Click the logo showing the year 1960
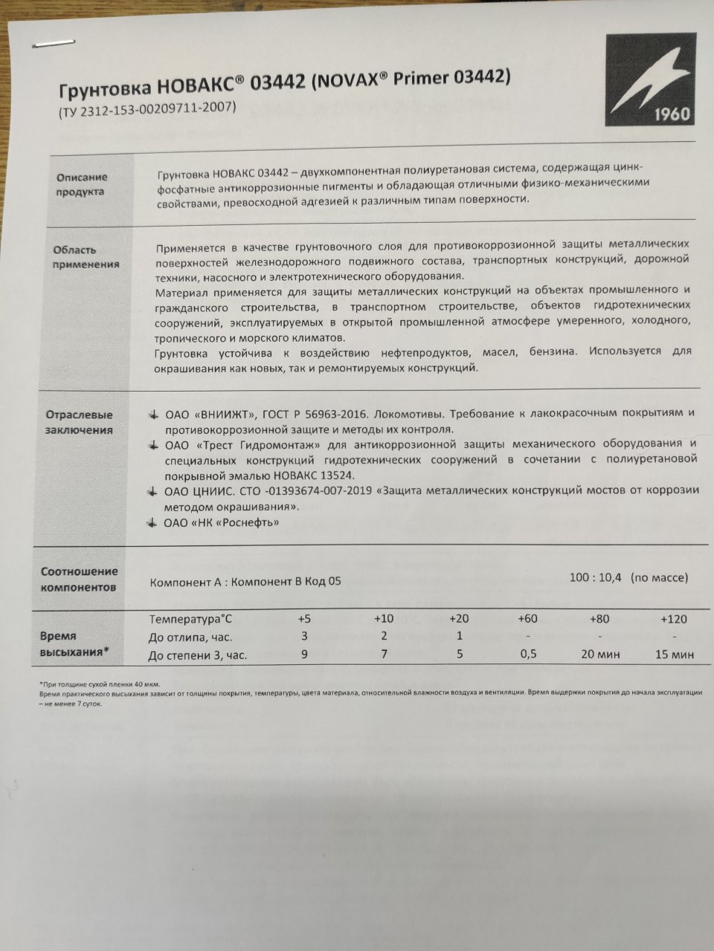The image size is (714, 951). [x=650, y=79]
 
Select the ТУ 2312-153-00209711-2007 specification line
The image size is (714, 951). [x=147, y=107]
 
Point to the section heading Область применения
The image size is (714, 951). [x=86, y=256]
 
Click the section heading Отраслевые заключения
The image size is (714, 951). [x=80, y=422]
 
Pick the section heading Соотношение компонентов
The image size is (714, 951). [x=79, y=579]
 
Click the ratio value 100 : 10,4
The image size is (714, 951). [x=594, y=577]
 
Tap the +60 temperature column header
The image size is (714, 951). [x=529, y=619]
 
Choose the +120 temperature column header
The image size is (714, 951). [x=673, y=619]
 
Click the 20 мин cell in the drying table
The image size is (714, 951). [x=599, y=655]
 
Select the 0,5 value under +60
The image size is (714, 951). [x=529, y=655]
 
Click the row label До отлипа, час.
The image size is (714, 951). [x=190, y=637]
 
